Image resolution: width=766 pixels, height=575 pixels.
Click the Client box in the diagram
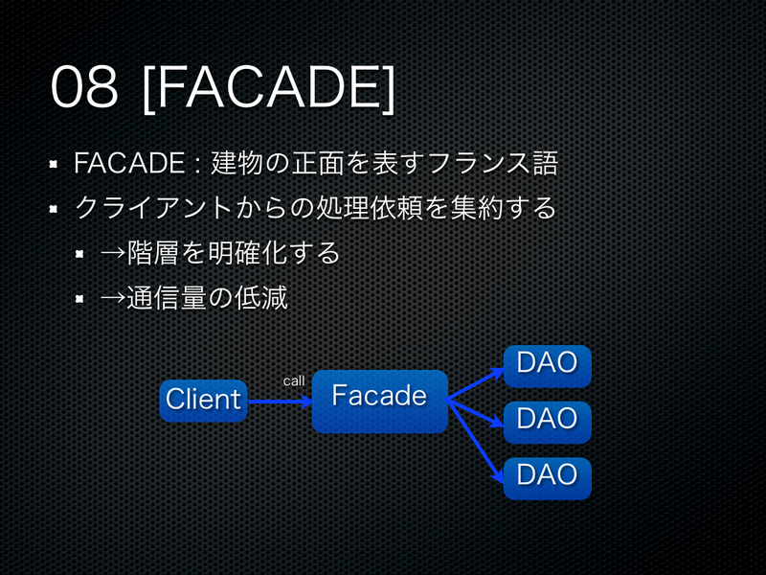point(203,400)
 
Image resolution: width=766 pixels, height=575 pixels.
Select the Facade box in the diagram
point(379,401)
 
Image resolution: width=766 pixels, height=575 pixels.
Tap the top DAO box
point(547,366)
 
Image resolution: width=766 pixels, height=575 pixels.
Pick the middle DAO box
point(547,422)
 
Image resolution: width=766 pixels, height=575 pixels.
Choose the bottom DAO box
point(547,477)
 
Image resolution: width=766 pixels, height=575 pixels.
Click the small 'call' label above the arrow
point(294,381)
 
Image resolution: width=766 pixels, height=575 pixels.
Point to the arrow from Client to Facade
point(280,402)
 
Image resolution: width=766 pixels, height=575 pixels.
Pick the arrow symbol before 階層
point(113,254)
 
